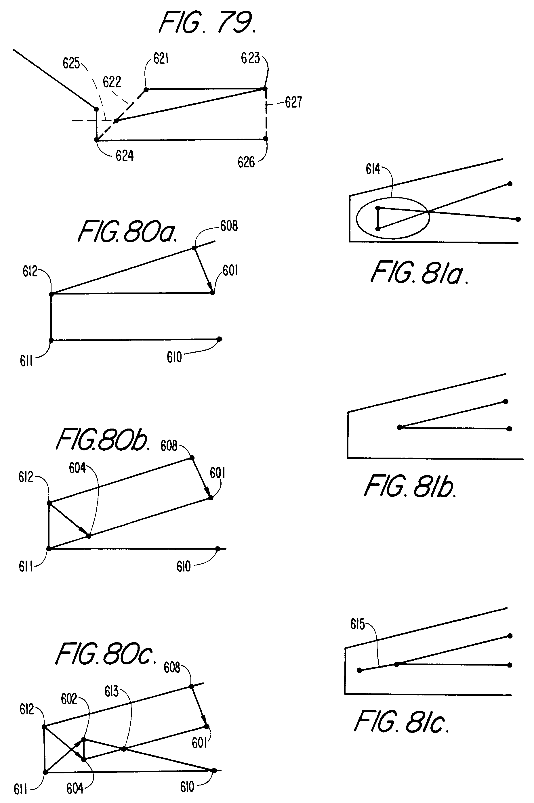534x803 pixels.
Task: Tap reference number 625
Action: [x=71, y=63]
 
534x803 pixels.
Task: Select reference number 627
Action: [x=293, y=102]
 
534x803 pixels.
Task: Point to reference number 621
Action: [x=161, y=59]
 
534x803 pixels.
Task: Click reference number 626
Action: [x=246, y=162]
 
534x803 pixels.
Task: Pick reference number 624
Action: [x=125, y=156]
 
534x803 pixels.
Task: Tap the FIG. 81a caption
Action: [x=419, y=273]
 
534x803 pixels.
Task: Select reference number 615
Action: [x=357, y=624]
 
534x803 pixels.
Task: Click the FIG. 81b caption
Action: [x=410, y=487]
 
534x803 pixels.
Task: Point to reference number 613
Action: [x=111, y=691]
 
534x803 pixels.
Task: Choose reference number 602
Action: [x=69, y=699]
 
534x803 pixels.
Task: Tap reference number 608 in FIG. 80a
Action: [x=229, y=226]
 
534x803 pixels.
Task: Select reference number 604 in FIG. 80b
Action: [x=77, y=469]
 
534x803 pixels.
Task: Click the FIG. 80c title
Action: [x=106, y=654]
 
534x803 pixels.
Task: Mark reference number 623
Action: [x=250, y=58]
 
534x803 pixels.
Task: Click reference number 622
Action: [x=112, y=82]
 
